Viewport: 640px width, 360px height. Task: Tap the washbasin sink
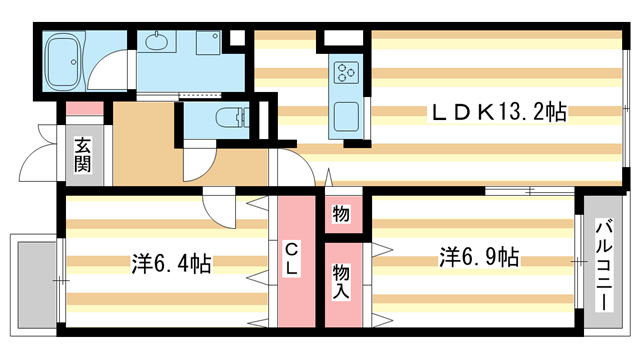pyautogui.click(x=158, y=43)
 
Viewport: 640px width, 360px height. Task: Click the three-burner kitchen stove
pyautogui.click(x=346, y=73)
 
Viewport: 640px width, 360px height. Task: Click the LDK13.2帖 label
pyautogui.click(x=498, y=113)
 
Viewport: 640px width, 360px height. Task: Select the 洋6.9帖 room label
pyautogui.click(x=477, y=257)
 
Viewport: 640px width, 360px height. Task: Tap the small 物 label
pyautogui.click(x=341, y=215)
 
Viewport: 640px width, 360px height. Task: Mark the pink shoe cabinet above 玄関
pyautogui.click(x=84, y=109)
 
